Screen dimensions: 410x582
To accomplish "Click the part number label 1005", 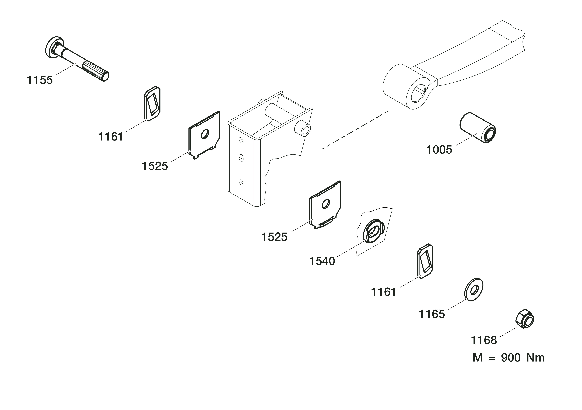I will pyautogui.click(x=439, y=150).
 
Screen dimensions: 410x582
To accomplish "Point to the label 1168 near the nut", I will pyautogui.click(x=484, y=340).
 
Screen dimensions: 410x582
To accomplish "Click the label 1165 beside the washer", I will pyautogui.click(x=432, y=314).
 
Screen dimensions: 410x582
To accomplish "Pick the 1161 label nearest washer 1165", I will pyautogui.click(x=383, y=292).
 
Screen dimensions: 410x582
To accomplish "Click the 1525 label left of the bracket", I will pyautogui.click(x=155, y=166).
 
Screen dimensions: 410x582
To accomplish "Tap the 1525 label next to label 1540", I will pyautogui.click(x=274, y=237).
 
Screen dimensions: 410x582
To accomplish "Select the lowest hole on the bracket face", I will pyautogui.click(x=241, y=182).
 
